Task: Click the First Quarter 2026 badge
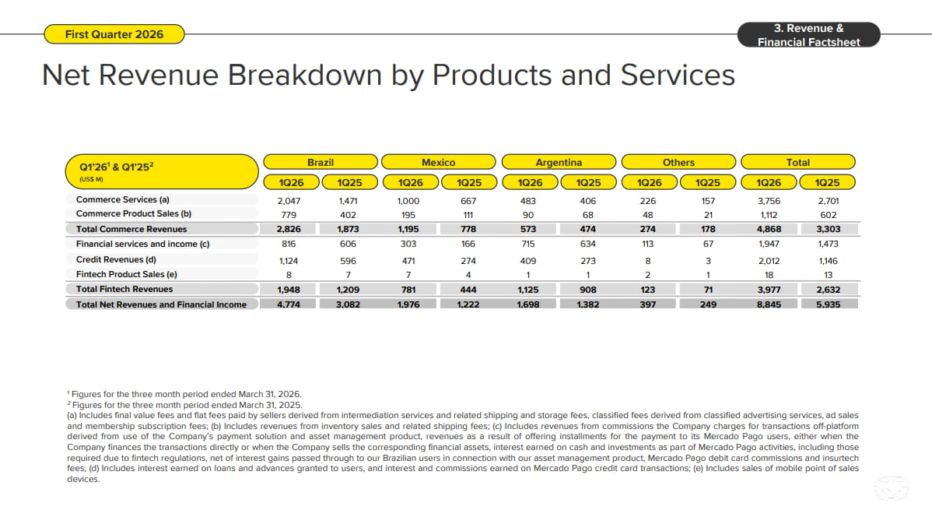[114, 34]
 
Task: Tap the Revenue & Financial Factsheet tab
[808, 35]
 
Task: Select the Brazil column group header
[321, 163]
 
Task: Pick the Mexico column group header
[439, 163]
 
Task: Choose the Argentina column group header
[559, 163]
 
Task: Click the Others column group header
[679, 163]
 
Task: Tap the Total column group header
[798, 163]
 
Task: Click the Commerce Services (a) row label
[122, 200]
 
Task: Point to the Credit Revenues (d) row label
[116, 259]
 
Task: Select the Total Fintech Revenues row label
[124, 289]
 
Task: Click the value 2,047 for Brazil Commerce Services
[289, 201]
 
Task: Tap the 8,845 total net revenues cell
[769, 304]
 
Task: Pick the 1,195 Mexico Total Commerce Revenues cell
[408, 229]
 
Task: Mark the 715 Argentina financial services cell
[527, 244]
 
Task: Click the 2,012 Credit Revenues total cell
[769, 261]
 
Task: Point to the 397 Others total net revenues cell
[648, 304]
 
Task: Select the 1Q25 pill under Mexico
[469, 183]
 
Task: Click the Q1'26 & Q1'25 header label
[117, 167]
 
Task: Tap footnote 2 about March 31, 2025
[185, 405]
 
